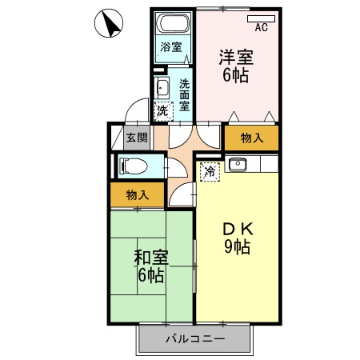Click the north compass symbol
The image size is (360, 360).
(110, 24)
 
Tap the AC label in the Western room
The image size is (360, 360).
(260, 28)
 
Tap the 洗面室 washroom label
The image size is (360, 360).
(184, 94)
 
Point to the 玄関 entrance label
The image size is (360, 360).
(137, 138)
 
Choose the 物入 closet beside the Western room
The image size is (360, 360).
(252, 138)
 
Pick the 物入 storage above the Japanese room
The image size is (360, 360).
(137, 194)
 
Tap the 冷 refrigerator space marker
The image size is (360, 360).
(209, 170)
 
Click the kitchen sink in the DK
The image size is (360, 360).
(237, 166)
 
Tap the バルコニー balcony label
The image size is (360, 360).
(195, 338)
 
